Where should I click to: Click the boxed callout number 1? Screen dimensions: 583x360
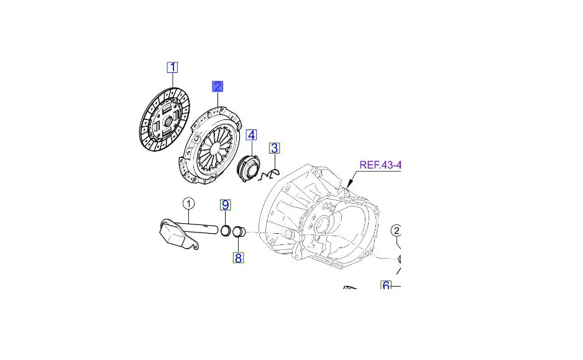(x=172, y=68)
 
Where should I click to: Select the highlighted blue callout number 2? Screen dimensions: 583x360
(x=218, y=86)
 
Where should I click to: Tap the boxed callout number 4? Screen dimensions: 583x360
(x=251, y=136)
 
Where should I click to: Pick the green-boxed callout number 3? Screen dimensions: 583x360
(x=274, y=148)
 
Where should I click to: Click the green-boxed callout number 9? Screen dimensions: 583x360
(x=226, y=205)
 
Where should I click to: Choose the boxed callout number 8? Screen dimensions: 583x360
(x=238, y=257)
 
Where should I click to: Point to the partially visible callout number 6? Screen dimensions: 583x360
(x=387, y=285)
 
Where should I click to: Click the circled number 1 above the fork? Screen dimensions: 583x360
(x=188, y=204)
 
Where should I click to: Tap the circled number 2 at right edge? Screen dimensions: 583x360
(x=396, y=231)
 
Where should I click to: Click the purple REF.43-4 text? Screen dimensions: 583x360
(x=380, y=165)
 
